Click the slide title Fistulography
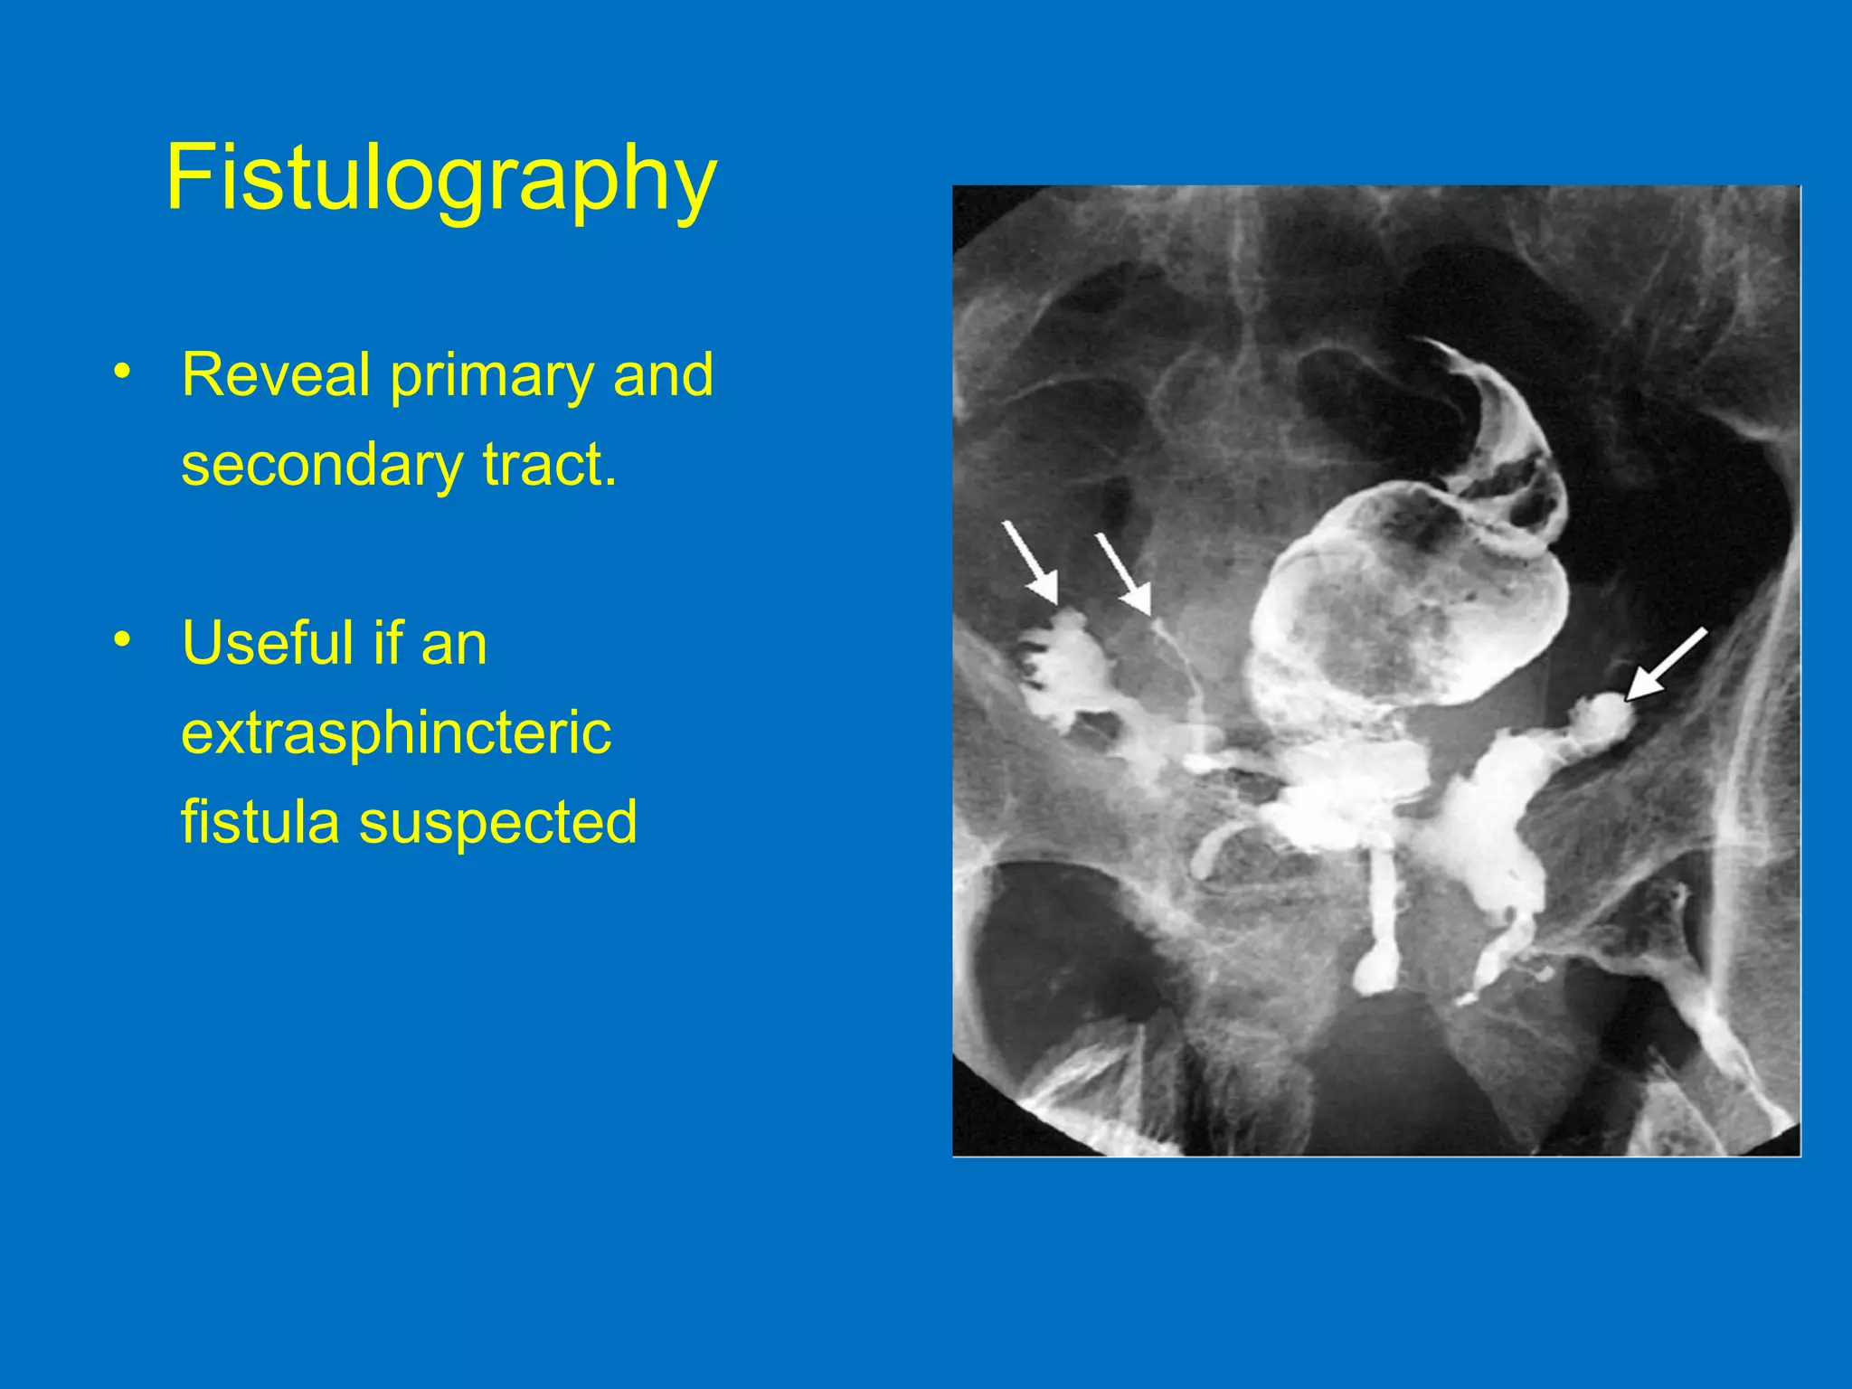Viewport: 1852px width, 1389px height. (440, 178)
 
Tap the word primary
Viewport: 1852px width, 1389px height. (492, 376)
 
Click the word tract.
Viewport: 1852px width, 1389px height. (550, 465)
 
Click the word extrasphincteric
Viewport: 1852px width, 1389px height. (396, 732)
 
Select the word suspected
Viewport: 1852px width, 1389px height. (498, 824)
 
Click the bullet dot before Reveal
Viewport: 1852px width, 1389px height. (122, 373)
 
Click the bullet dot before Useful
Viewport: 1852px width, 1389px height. (122, 641)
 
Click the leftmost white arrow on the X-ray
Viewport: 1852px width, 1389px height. (1030, 562)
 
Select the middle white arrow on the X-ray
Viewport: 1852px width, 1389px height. (1123, 574)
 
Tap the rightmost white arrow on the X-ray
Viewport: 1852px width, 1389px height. (1667, 664)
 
